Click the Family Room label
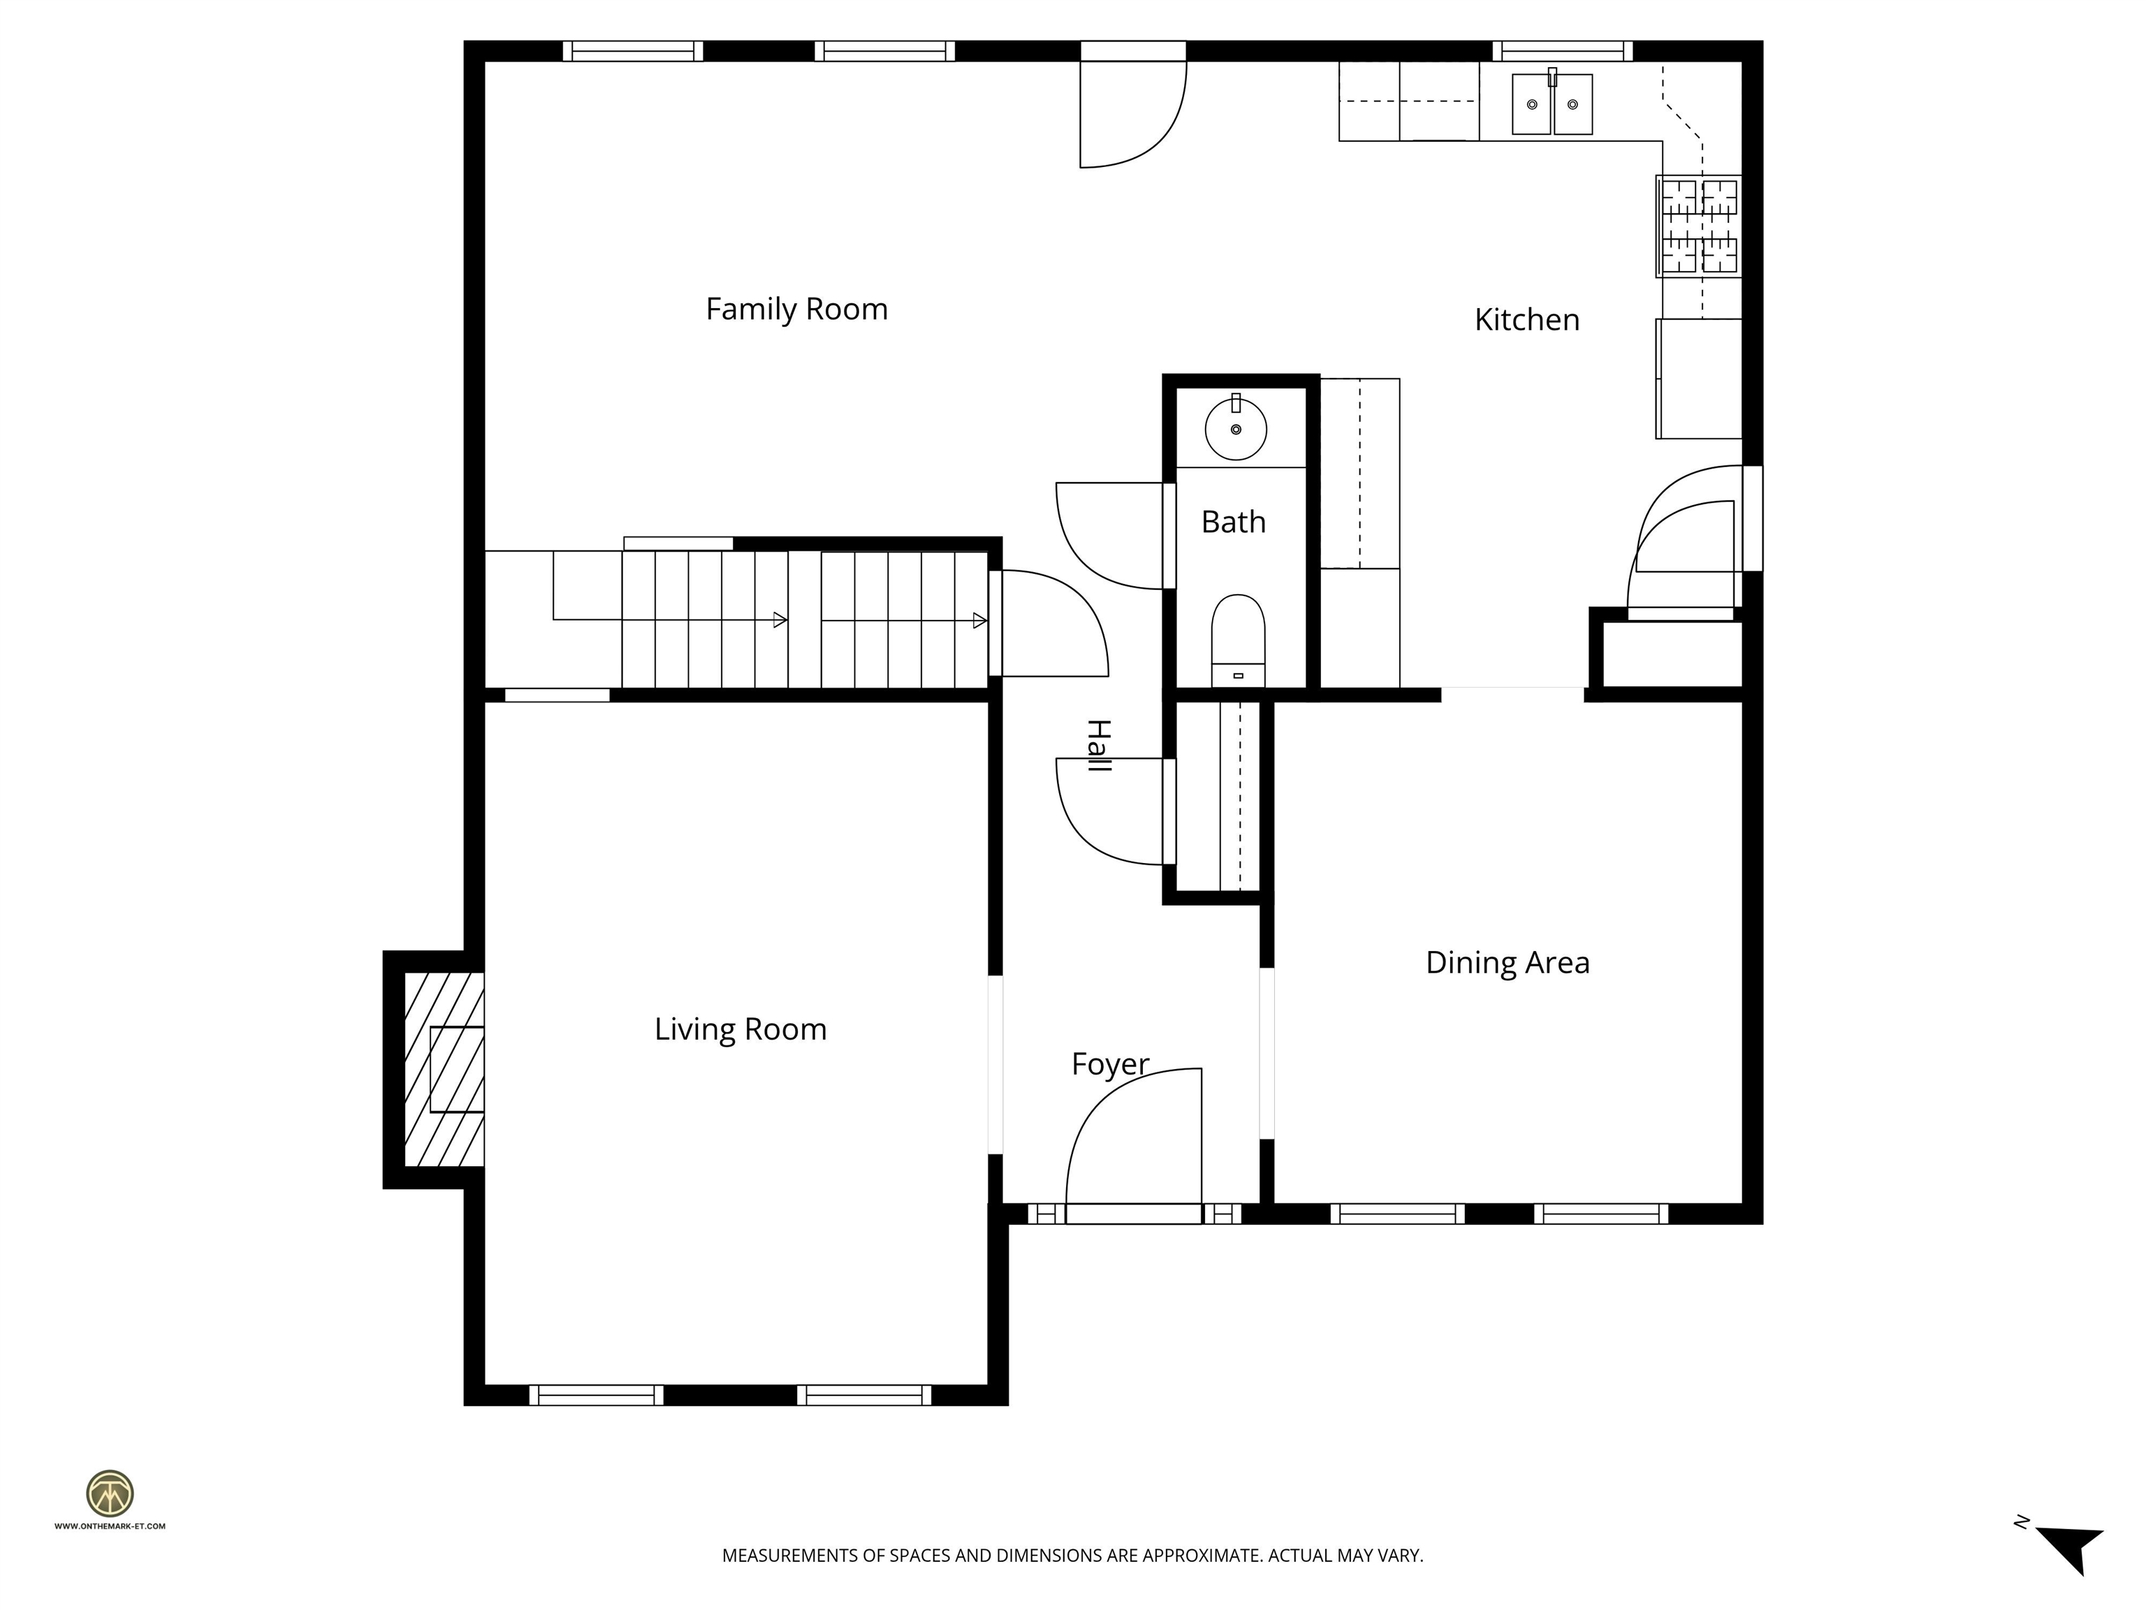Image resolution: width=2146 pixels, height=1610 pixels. tap(796, 309)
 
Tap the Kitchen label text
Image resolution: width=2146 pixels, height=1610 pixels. tap(1526, 319)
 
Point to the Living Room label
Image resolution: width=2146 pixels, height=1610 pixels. tap(740, 1029)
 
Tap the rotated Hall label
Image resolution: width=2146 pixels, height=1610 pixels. tap(1097, 746)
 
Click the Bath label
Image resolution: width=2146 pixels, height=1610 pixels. tap(1232, 522)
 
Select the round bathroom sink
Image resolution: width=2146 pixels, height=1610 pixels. tap(1235, 429)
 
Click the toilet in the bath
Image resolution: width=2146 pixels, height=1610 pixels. tap(1238, 636)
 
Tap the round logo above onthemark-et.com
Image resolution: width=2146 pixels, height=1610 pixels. tap(110, 1493)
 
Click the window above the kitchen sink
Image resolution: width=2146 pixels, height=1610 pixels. tap(1561, 50)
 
